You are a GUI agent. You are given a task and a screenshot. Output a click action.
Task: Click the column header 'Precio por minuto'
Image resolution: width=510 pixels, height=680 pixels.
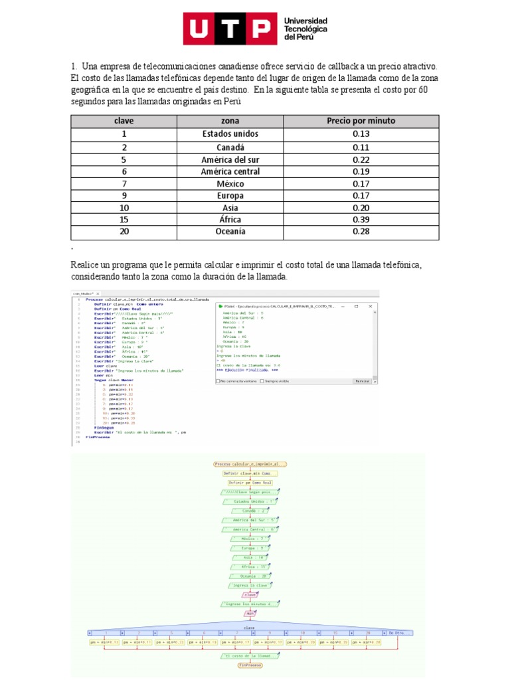click(x=361, y=121)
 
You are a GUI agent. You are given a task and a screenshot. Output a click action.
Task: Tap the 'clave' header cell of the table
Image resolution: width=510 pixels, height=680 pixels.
click(x=124, y=121)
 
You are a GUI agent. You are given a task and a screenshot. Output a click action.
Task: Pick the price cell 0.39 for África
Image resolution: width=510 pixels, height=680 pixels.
click(x=361, y=219)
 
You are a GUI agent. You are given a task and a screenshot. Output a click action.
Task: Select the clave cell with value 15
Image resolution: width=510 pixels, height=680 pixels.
click(x=124, y=219)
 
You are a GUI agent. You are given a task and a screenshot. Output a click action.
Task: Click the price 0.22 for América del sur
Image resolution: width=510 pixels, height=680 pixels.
click(x=361, y=159)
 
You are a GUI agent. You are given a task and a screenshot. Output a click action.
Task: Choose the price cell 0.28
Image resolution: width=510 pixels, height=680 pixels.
click(x=361, y=231)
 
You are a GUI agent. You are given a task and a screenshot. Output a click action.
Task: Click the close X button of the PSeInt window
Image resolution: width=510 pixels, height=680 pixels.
click(x=373, y=306)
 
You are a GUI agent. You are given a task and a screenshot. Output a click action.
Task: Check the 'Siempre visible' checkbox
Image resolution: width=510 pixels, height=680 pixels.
click(x=263, y=381)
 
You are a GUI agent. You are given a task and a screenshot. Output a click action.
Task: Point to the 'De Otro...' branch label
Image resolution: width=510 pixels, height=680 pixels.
click(x=396, y=632)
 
